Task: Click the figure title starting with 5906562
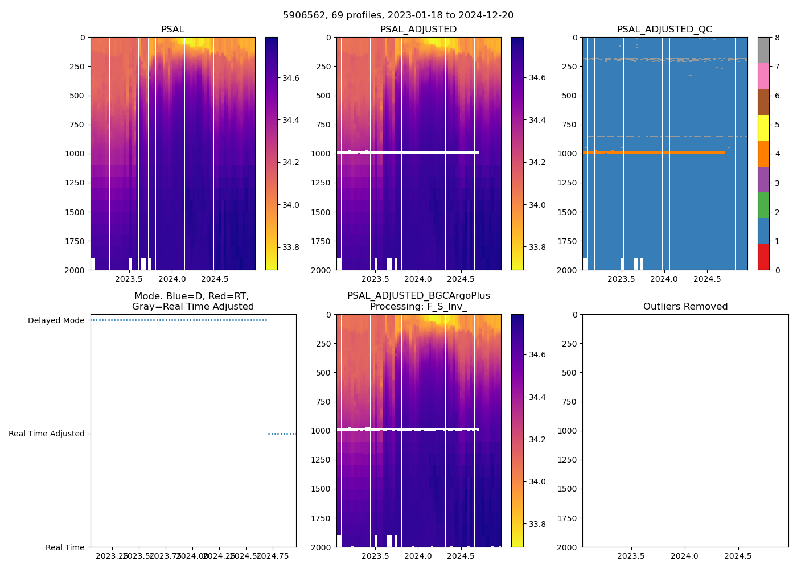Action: [x=398, y=15]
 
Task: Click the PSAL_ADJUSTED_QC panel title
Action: [x=664, y=30]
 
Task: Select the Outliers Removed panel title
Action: [x=685, y=307]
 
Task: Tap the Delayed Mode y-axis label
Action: [x=56, y=320]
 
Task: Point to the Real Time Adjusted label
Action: [x=47, y=434]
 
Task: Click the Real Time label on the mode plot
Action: [x=65, y=547]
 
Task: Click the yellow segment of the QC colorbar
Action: [x=763, y=127]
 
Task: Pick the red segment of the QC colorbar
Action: [x=763, y=257]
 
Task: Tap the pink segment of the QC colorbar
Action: [x=763, y=76]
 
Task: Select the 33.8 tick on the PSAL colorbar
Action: [x=291, y=247]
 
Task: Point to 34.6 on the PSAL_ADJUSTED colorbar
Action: [x=537, y=77]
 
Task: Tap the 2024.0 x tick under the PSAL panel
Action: [x=172, y=279]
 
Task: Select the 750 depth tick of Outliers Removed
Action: [x=570, y=402]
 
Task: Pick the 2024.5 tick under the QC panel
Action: [x=707, y=279]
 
